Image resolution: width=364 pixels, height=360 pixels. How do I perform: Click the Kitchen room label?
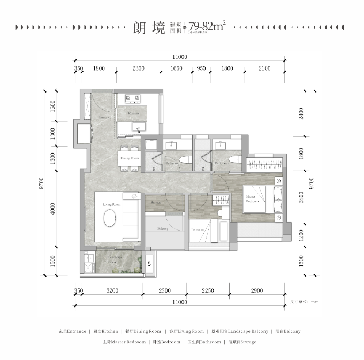coord(133,114)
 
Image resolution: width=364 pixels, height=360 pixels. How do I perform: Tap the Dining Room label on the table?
coord(130,158)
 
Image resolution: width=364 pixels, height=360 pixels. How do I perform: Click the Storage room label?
coord(156,203)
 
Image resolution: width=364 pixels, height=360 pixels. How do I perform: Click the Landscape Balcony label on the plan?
coord(113,261)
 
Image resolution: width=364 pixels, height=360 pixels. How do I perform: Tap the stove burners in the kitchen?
coord(133,98)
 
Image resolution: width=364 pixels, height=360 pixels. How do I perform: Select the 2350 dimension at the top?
coord(139,68)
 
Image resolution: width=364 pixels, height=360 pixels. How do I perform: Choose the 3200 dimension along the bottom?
coord(112,290)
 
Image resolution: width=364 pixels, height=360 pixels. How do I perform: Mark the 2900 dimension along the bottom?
coord(256,290)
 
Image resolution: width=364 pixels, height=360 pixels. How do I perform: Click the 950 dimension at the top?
coord(201,68)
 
